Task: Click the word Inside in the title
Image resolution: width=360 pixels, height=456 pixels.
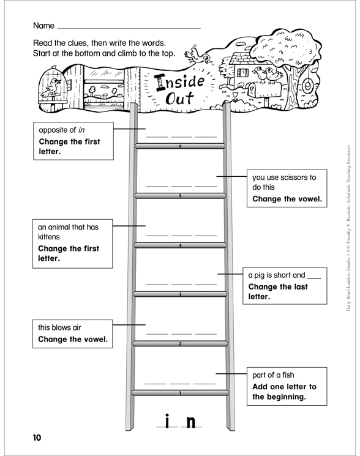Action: click(181, 81)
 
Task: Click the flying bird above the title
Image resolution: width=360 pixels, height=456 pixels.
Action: click(200, 56)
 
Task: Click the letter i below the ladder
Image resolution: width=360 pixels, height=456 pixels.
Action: click(167, 421)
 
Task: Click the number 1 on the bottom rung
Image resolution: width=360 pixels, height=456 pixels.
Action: click(180, 393)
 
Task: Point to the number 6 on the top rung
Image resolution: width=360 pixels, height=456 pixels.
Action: click(180, 146)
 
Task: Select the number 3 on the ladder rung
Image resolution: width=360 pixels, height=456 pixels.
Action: click(180, 294)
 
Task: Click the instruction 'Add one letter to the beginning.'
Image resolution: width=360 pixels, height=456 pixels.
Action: click(285, 392)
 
